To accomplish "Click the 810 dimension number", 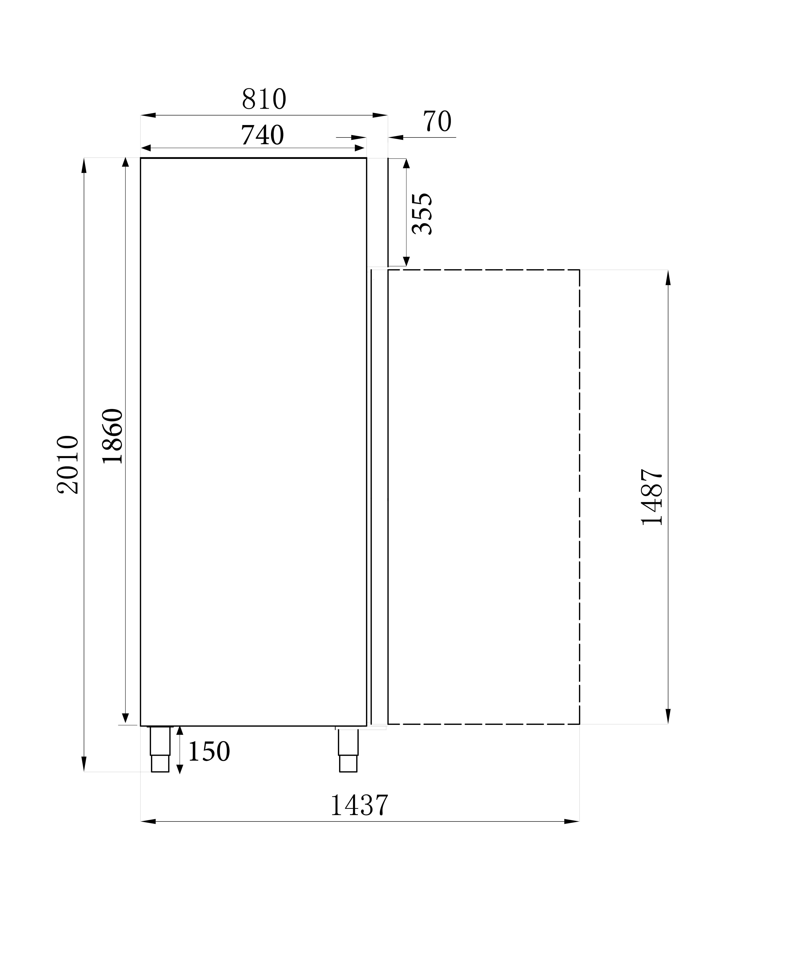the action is click(x=264, y=99).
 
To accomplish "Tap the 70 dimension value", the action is click(x=437, y=121).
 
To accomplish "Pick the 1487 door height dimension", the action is click(x=652, y=497).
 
